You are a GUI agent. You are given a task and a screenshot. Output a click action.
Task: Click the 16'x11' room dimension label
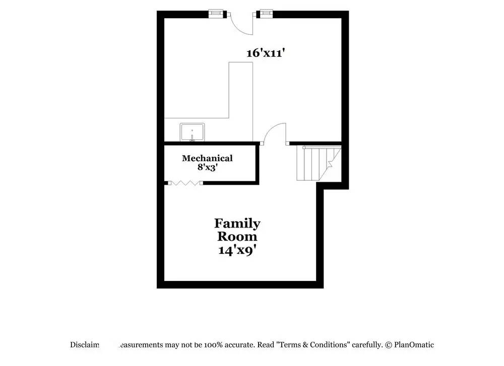pyautogui.click(x=266, y=52)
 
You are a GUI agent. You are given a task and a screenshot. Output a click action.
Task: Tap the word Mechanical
pyautogui.click(x=207, y=158)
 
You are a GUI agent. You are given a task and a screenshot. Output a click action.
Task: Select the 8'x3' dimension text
pyautogui.click(x=207, y=167)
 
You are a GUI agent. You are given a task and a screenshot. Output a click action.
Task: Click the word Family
pyautogui.click(x=237, y=223)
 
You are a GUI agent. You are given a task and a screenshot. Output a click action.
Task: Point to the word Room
pyautogui.click(x=237, y=236)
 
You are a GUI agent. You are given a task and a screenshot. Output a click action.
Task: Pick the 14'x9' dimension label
pyautogui.click(x=237, y=250)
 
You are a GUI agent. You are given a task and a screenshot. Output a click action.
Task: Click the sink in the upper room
pyautogui.click(x=193, y=132)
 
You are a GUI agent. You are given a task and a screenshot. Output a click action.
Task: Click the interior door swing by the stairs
pyautogui.click(x=275, y=133)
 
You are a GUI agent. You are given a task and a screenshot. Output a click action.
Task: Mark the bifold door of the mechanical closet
pyautogui.click(x=184, y=183)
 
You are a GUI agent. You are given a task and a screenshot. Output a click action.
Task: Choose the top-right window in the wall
pyautogui.click(x=266, y=13)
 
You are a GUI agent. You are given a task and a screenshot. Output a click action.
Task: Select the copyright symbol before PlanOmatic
pyautogui.click(x=389, y=345)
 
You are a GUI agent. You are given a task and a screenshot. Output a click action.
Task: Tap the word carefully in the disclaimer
pyautogui.click(x=367, y=345)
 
